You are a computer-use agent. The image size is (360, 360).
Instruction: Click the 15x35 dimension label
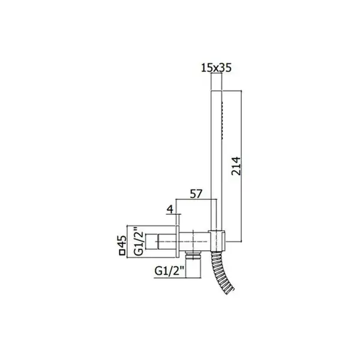(216, 68)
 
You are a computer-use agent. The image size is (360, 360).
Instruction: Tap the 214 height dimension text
(236, 166)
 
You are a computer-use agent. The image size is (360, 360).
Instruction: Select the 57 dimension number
(196, 194)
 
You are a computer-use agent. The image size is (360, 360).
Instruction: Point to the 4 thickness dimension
(170, 209)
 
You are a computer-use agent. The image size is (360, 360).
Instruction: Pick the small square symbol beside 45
(122, 253)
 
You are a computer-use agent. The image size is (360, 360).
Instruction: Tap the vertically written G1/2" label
(139, 242)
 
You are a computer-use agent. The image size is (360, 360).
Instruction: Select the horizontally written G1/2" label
(169, 271)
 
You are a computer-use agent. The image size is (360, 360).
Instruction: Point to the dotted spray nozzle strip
(222, 120)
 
